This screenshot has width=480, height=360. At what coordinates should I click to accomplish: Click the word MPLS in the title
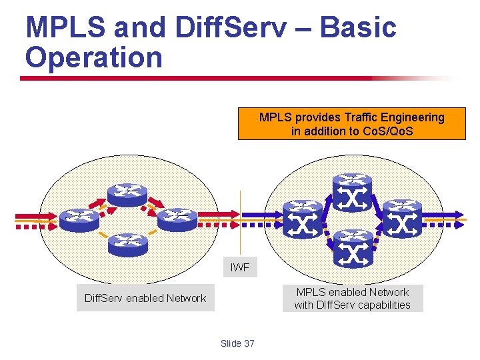pos(66,29)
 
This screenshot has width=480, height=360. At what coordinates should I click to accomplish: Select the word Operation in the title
pos(93,57)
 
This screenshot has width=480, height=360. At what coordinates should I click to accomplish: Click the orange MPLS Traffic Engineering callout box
pos(352,124)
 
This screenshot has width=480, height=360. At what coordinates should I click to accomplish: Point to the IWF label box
pos(239,267)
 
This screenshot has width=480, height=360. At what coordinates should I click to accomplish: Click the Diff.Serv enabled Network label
pos(145,298)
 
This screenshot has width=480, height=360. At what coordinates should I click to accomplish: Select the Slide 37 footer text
pos(237,343)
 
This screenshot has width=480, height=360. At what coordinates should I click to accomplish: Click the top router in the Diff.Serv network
pos(128,193)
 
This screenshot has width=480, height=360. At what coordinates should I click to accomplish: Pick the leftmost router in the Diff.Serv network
pos(78,219)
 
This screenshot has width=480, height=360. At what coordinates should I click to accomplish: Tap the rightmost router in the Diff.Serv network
pos(177,217)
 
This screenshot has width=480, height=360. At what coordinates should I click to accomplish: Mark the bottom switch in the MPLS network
pos(353,246)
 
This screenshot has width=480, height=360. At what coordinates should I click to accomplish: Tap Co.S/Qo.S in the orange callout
pos(387,131)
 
